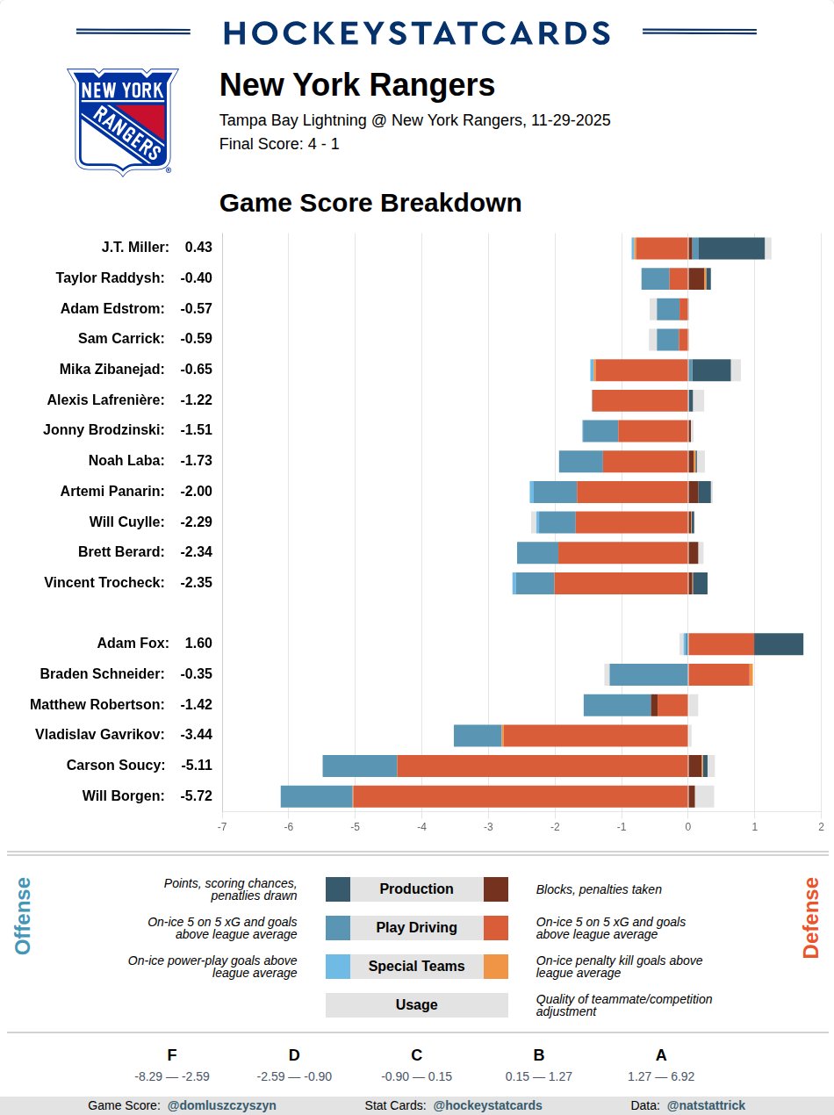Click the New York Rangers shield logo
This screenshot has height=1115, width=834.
point(122,120)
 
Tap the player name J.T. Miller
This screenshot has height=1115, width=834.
point(135,248)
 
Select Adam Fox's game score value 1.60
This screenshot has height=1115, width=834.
point(198,644)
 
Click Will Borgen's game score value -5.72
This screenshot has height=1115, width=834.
point(197,796)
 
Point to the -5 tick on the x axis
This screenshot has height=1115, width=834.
point(355,826)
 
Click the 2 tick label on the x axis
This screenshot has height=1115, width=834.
point(821,826)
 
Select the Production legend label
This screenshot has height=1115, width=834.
point(416,889)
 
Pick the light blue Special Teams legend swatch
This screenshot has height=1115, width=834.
point(338,967)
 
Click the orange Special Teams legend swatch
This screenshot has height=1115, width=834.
point(496,967)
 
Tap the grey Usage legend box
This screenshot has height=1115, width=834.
point(416,1005)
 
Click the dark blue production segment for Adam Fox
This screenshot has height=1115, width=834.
point(779,644)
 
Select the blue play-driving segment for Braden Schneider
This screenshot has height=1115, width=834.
point(649,674)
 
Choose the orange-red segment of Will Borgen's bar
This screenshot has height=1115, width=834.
point(520,796)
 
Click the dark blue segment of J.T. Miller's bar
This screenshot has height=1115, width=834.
point(731,248)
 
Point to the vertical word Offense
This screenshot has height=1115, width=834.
point(23,916)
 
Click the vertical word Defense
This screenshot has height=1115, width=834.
point(811,917)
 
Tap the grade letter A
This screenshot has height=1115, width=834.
point(661,1055)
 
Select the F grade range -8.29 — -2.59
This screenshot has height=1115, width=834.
point(172,1076)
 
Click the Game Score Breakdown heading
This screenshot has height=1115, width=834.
point(370,203)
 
